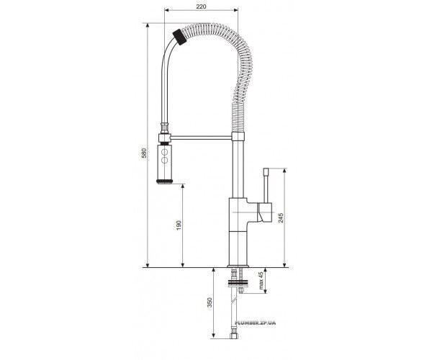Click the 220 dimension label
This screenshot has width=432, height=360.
point(201,6)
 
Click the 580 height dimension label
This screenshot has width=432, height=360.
point(144,153)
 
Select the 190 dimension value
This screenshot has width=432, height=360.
point(179,225)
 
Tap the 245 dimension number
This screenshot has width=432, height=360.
point(281,218)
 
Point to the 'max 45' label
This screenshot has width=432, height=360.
point(261,280)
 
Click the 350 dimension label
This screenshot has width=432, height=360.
point(210,302)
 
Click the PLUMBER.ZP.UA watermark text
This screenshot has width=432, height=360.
point(255,323)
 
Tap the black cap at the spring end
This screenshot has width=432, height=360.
point(179,37)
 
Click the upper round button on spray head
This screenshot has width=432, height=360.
point(164,151)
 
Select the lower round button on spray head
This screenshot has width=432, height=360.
point(164,160)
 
